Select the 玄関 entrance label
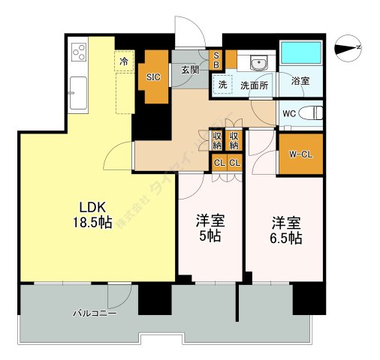[x=190, y=70]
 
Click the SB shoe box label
[x=217, y=58]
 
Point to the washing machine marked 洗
[x=222, y=85]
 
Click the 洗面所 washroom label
[x=254, y=85]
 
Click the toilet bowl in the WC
[x=311, y=114]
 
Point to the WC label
[x=289, y=114]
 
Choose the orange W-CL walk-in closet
[x=300, y=155]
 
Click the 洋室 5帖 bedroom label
[x=210, y=229]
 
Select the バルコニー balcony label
[x=94, y=313]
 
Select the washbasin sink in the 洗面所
[x=259, y=62]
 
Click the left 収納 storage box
[x=217, y=140]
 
